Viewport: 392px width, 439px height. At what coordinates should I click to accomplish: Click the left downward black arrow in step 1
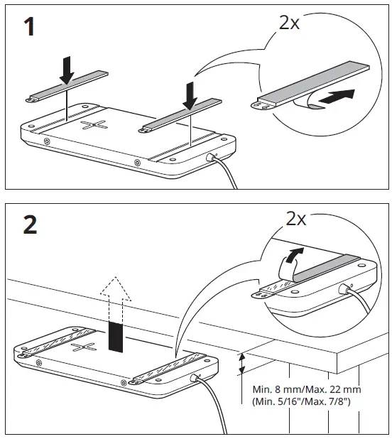[x=66, y=69]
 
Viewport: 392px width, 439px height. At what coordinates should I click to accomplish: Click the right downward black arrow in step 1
[x=189, y=94]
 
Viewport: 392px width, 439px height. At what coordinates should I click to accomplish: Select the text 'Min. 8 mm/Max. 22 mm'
[x=307, y=389]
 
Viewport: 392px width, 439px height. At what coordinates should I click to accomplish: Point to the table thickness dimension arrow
[x=243, y=364]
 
